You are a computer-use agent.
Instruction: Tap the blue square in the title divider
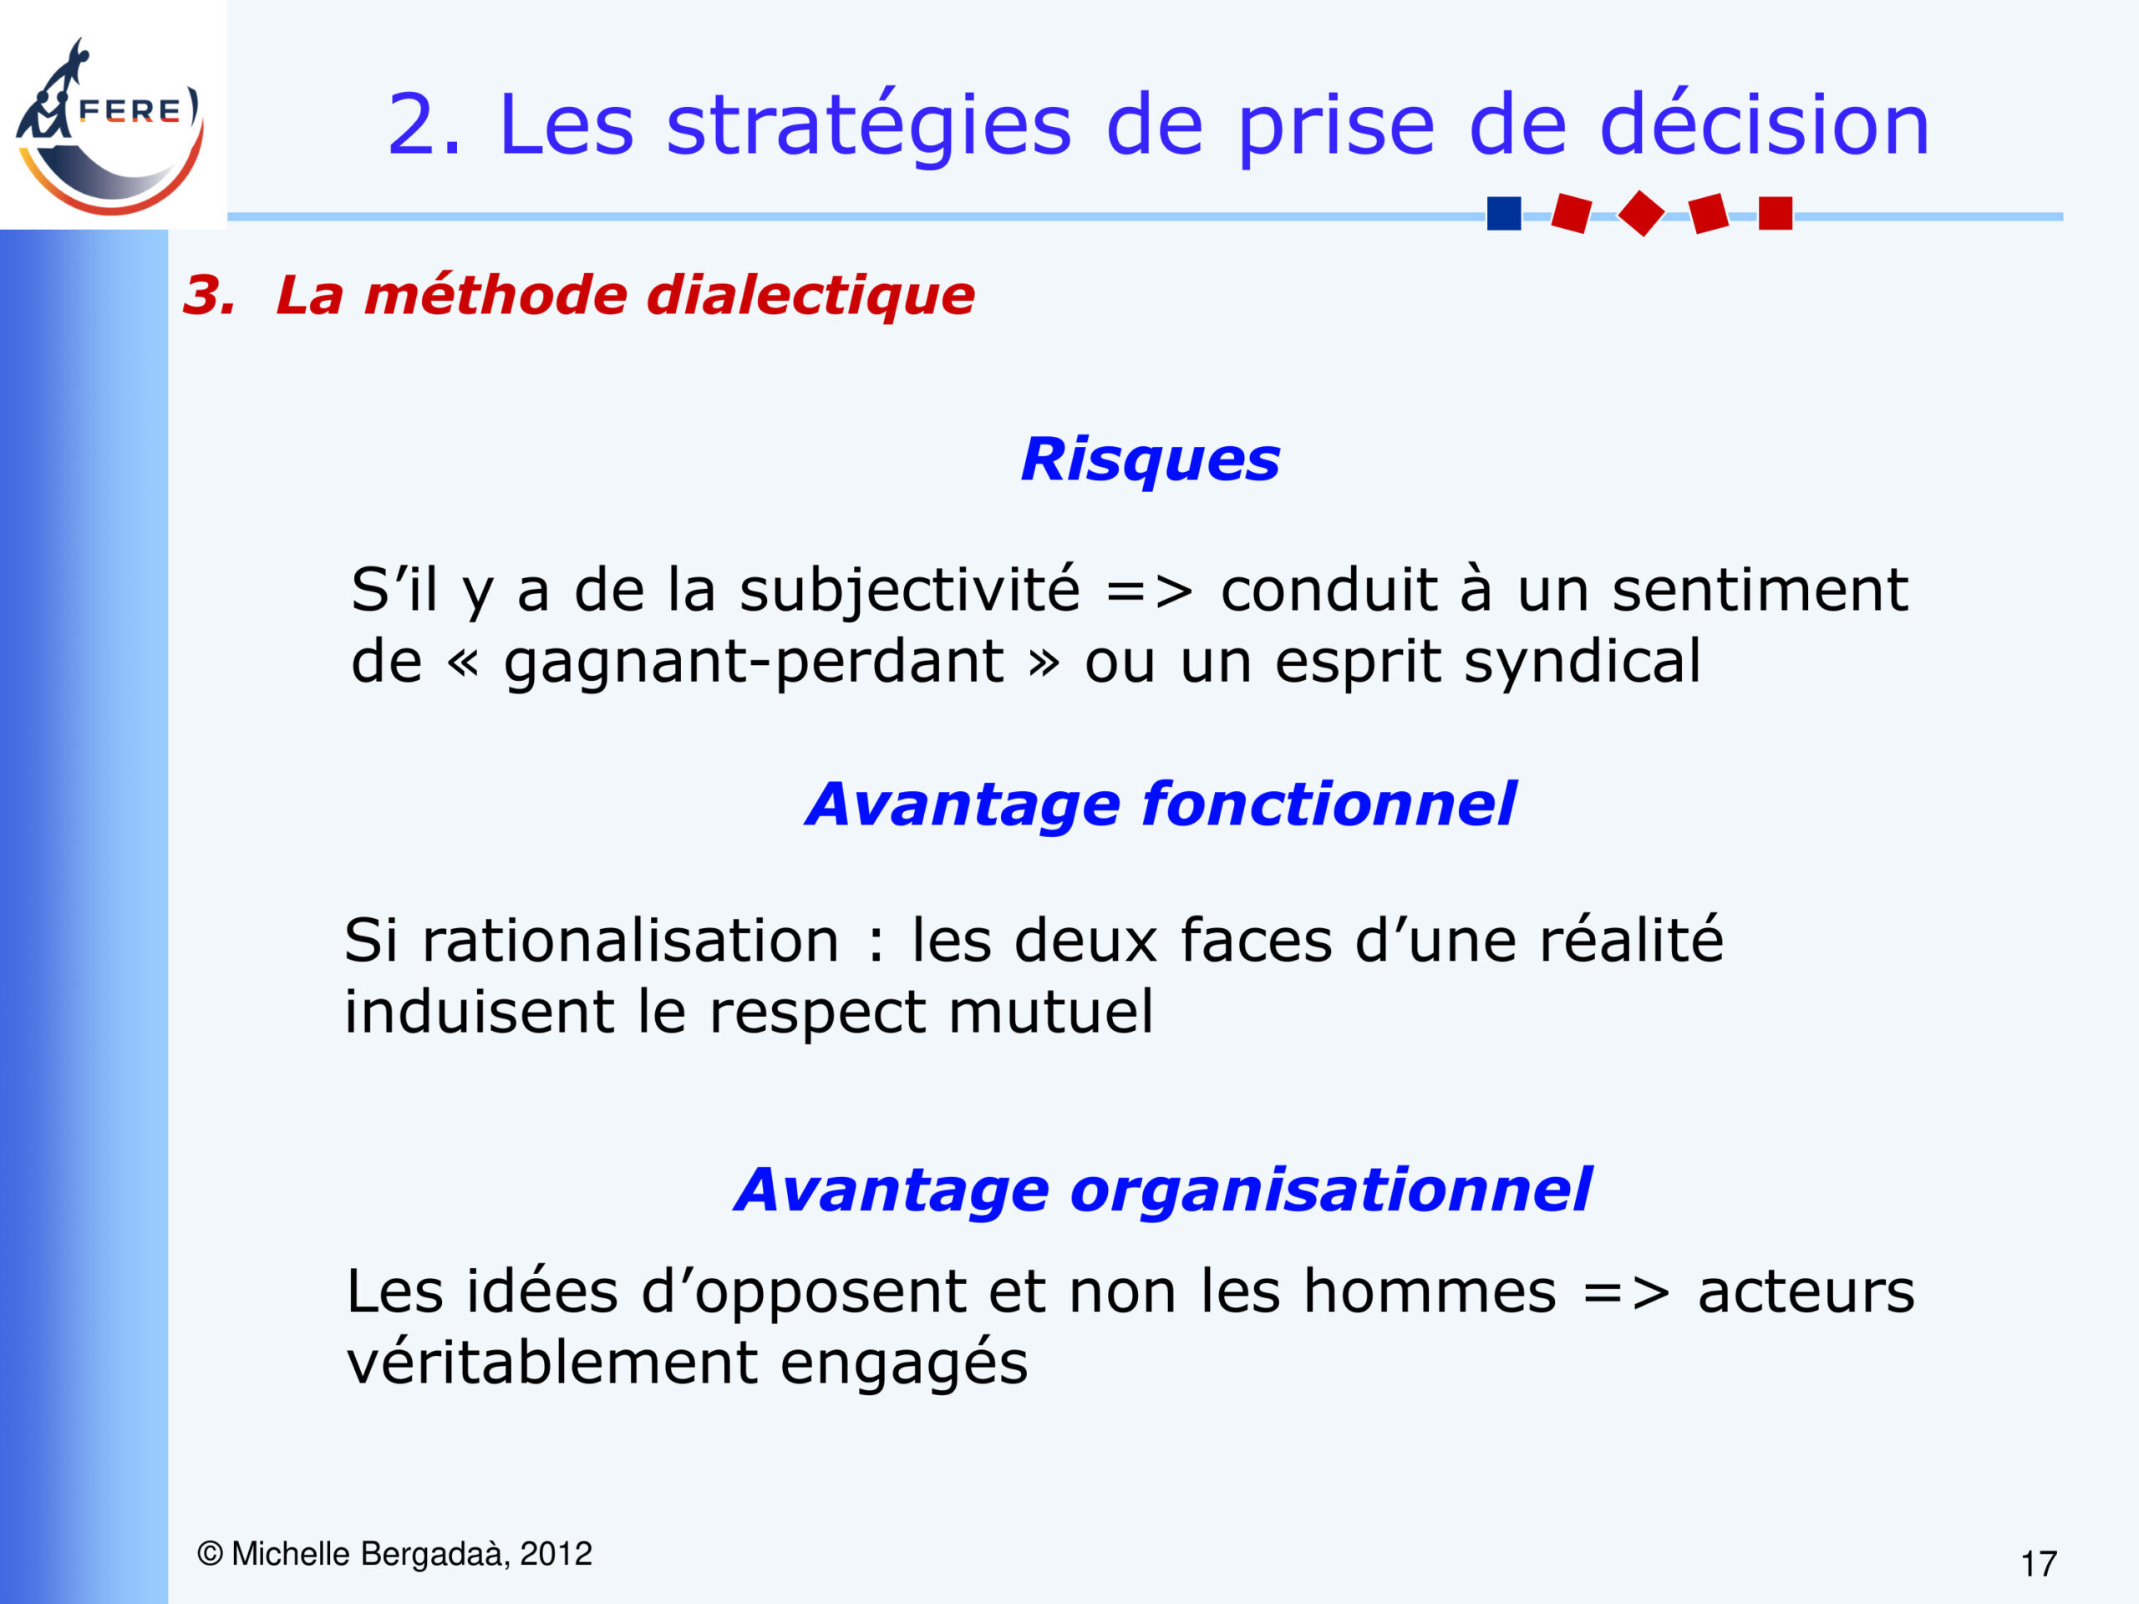pyautogui.click(x=1504, y=213)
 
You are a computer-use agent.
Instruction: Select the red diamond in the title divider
pyautogui.click(x=1641, y=213)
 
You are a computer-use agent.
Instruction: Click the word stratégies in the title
pyautogui.click(x=868, y=125)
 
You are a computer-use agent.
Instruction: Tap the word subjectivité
pyautogui.click(x=909, y=591)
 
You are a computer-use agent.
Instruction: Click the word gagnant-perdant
pyautogui.click(x=754, y=663)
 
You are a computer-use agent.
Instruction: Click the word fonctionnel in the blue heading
pyautogui.click(x=1329, y=804)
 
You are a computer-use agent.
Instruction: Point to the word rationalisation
pyautogui.click(x=631, y=940)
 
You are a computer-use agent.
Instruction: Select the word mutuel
pyautogui.click(x=1050, y=1012)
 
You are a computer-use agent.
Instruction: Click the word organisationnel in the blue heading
pyautogui.click(x=1330, y=1190)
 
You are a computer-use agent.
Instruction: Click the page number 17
pyautogui.click(x=2039, y=1563)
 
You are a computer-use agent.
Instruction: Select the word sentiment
pyautogui.click(x=1760, y=589)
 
